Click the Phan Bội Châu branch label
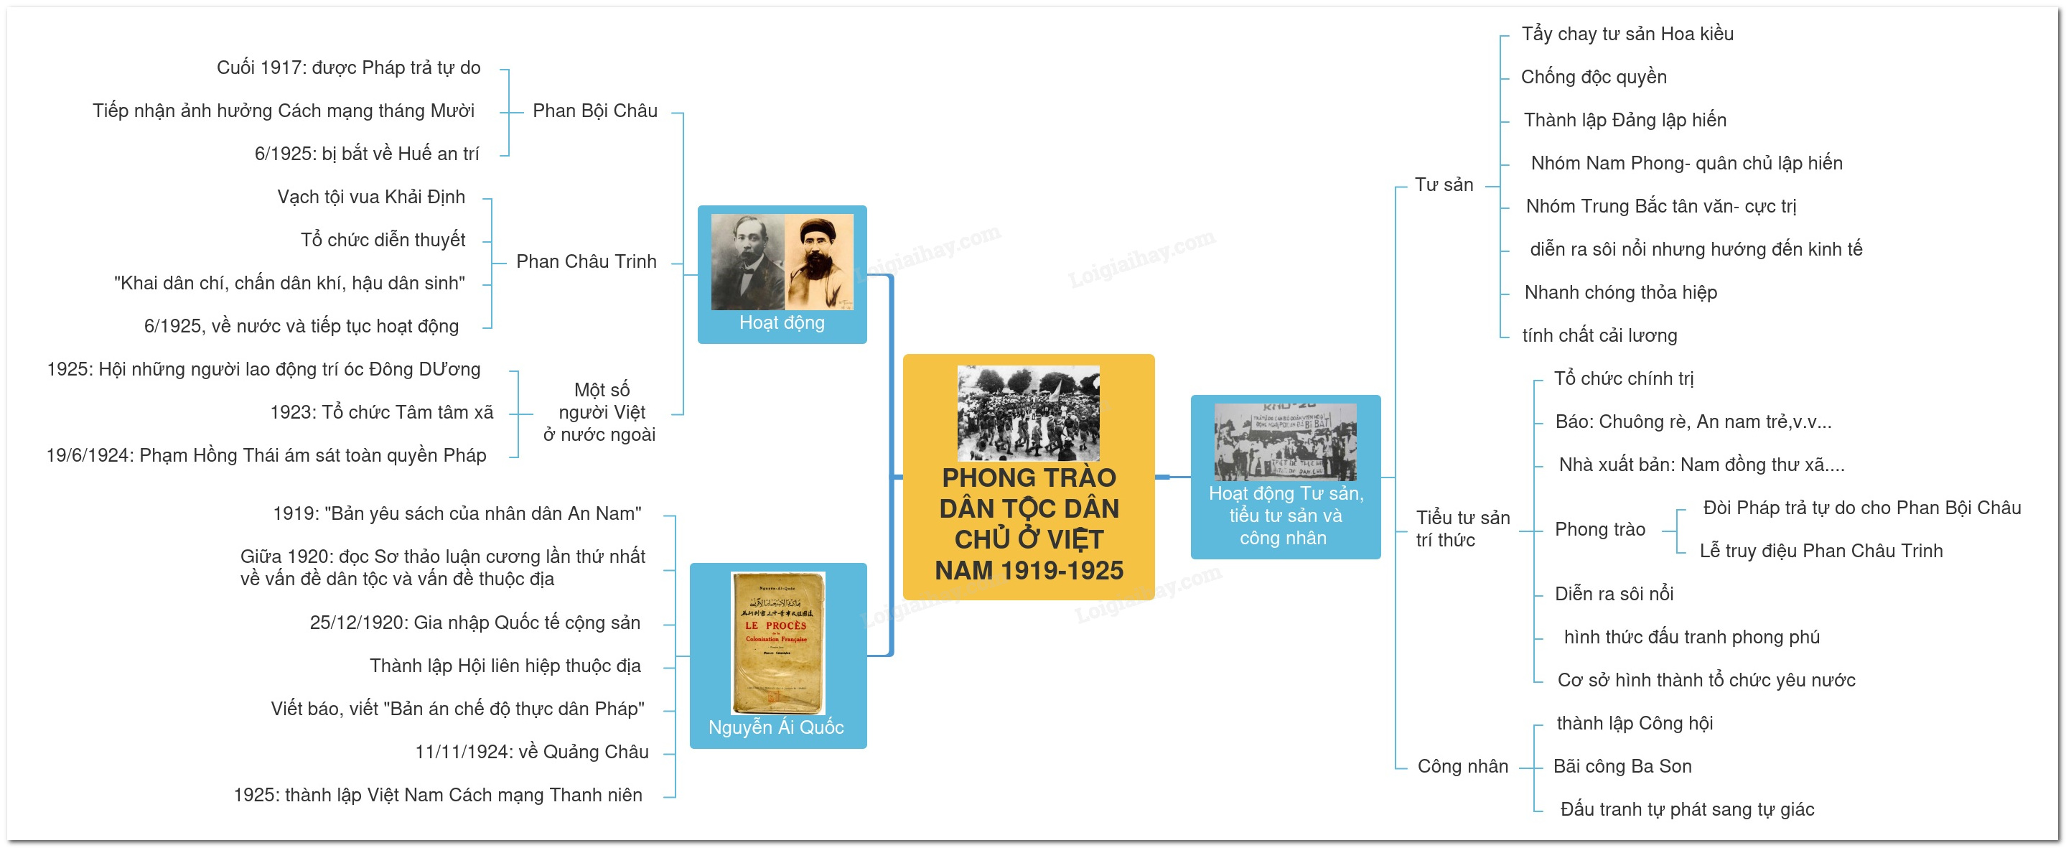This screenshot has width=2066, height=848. [x=595, y=111]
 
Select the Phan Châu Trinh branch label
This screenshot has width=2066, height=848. [x=586, y=261]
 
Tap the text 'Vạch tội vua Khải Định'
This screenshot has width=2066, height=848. [x=371, y=197]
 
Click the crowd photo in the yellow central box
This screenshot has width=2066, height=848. [x=1028, y=413]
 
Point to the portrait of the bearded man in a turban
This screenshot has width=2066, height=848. [x=819, y=262]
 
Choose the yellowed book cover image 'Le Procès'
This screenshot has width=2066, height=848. [x=778, y=643]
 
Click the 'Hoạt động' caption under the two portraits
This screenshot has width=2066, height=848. [x=782, y=322]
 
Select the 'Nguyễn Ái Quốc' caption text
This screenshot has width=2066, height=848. [x=776, y=727]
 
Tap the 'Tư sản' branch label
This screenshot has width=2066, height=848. [x=1444, y=185]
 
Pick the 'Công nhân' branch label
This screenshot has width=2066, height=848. [x=1463, y=766]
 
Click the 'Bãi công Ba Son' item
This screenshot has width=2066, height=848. [x=1622, y=766]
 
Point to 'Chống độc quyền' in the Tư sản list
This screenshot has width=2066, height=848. [x=1594, y=77]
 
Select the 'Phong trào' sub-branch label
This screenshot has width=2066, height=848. [x=1600, y=529]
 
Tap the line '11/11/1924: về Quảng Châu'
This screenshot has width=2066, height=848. [x=532, y=752]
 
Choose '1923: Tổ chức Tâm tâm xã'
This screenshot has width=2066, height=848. [x=382, y=412]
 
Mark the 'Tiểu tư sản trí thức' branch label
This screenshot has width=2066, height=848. [x=1463, y=528]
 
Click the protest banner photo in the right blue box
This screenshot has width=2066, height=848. [x=1286, y=442]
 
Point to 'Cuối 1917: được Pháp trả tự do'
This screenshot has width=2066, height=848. [x=349, y=67]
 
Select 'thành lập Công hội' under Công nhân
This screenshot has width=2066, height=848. [x=1635, y=723]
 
